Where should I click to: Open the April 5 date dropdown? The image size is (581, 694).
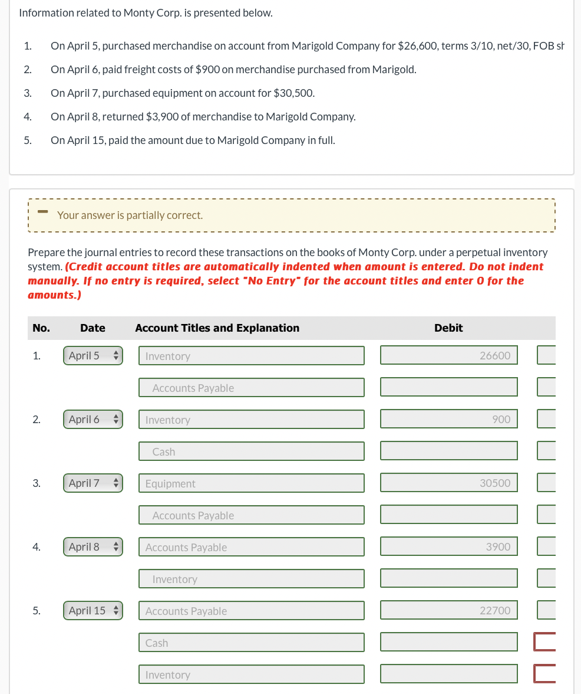point(93,356)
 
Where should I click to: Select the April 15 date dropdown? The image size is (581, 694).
point(93,611)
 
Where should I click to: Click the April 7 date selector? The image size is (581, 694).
point(93,483)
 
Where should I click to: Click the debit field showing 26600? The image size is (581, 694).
point(449,356)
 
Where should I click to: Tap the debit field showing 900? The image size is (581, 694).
point(449,420)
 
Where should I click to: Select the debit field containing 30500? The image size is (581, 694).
point(449,483)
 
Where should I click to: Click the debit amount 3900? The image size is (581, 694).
point(449,547)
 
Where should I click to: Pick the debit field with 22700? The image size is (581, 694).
point(449,611)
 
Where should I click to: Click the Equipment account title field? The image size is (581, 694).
point(252,483)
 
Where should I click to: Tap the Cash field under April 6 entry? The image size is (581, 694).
point(252,451)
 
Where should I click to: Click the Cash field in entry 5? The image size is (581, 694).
point(252,643)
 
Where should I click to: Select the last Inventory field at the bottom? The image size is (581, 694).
point(252,675)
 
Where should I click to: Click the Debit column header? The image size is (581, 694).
point(448,328)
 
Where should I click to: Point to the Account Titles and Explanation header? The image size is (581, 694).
point(217,328)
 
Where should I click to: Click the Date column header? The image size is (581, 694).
point(93,328)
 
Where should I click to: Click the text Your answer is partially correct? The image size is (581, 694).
point(130,215)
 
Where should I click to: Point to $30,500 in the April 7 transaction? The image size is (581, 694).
point(293,93)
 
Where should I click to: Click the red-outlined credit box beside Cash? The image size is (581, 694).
point(545,642)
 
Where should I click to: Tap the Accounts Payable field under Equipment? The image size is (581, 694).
point(252,515)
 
